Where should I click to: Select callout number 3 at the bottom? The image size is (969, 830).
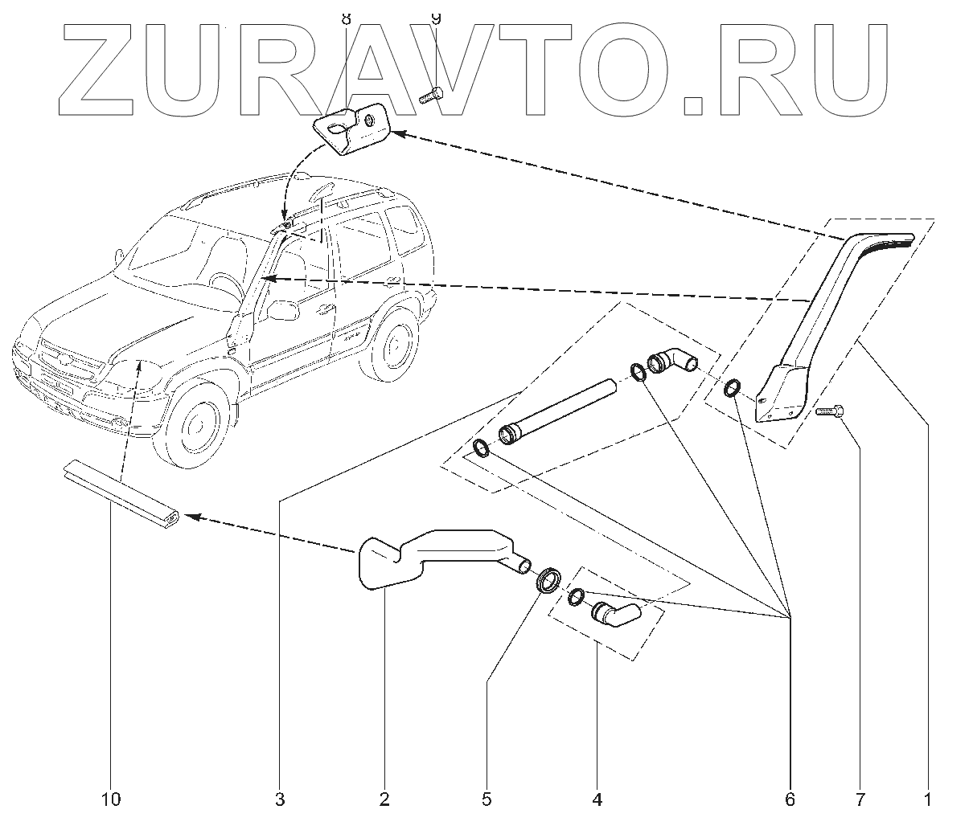click(x=279, y=799)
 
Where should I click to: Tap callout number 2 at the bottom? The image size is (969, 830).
click(x=384, y=799)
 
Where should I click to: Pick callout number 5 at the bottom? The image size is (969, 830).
click(x=486, y=799)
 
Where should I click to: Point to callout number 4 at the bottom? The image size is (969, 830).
click(x=597, y=799)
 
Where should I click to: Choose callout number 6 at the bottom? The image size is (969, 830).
click(x=789, y=799)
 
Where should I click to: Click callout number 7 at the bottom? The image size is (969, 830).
click(x=860, y=799)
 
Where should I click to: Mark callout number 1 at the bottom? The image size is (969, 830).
click(x=926, y=799)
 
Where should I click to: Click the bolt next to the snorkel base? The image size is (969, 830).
click(x=827, y=412)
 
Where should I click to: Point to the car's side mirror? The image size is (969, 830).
click(x=279, y=310)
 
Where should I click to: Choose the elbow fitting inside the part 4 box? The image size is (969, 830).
click(x=615, y=615)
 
